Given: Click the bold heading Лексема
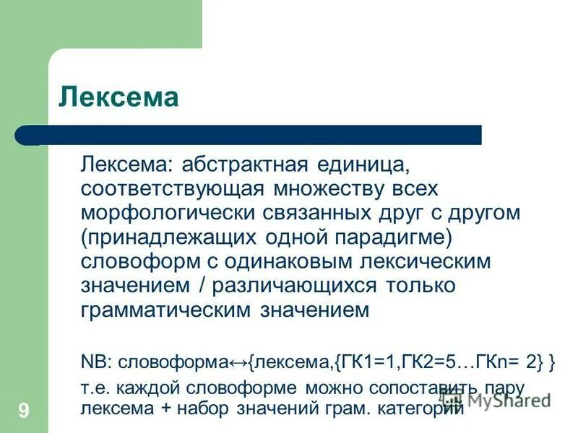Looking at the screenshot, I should (118, 96).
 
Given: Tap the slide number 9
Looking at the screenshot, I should (24, 411).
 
